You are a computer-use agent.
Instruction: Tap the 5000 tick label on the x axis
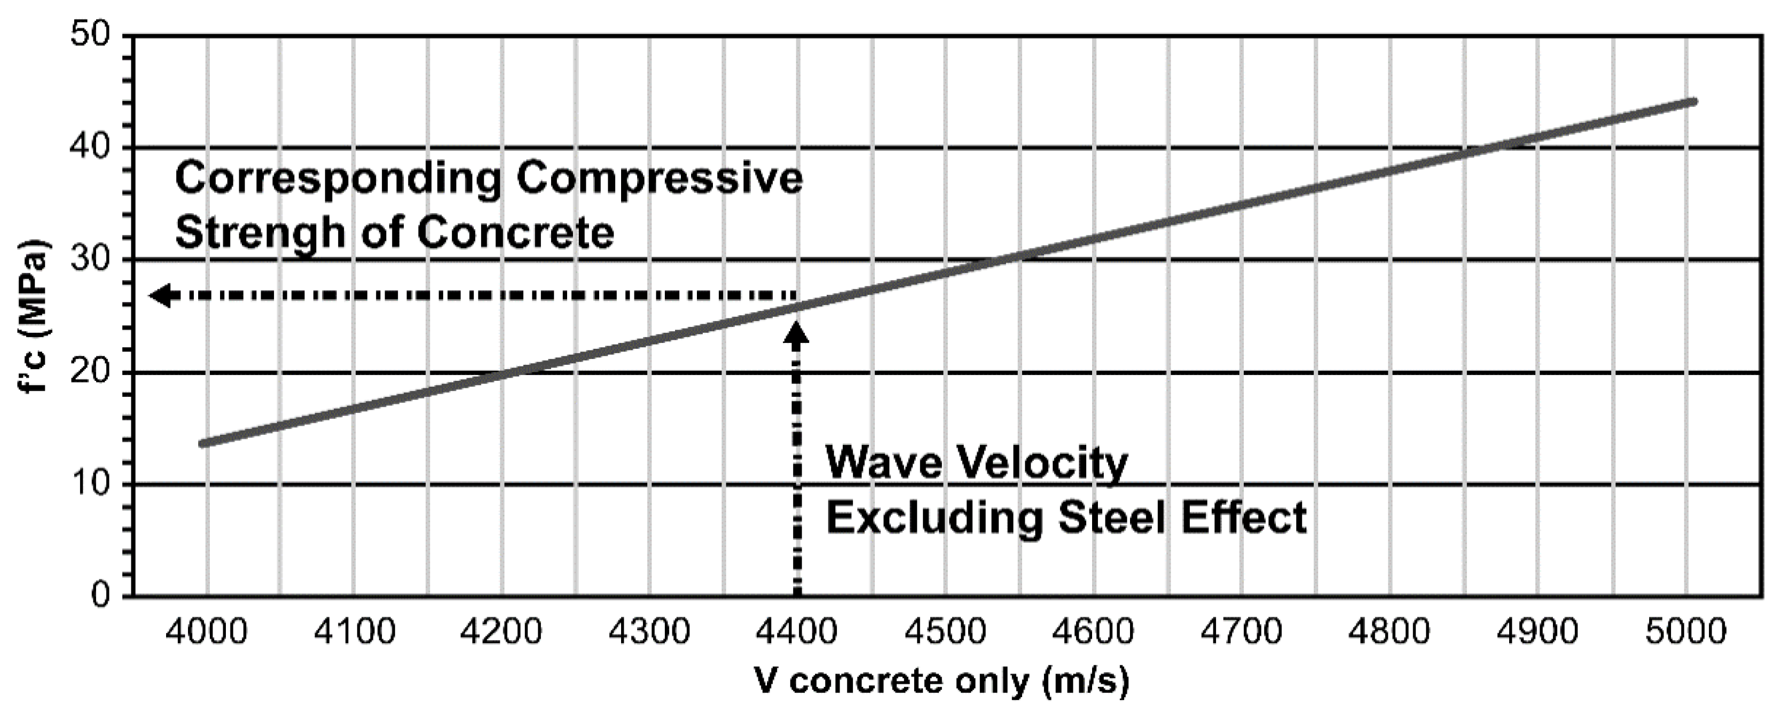click(x=1685, y=633)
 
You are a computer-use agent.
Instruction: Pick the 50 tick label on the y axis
click(x=92, y=35)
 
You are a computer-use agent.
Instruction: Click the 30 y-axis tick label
click(x=92, y=260)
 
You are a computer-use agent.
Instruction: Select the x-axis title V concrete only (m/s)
click(x=941, y=681)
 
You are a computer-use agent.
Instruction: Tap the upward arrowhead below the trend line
click(x=797, y=333)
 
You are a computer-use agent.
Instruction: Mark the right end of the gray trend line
click(x=1692, y=102)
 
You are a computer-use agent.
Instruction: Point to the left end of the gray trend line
click(x=202, y=443)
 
